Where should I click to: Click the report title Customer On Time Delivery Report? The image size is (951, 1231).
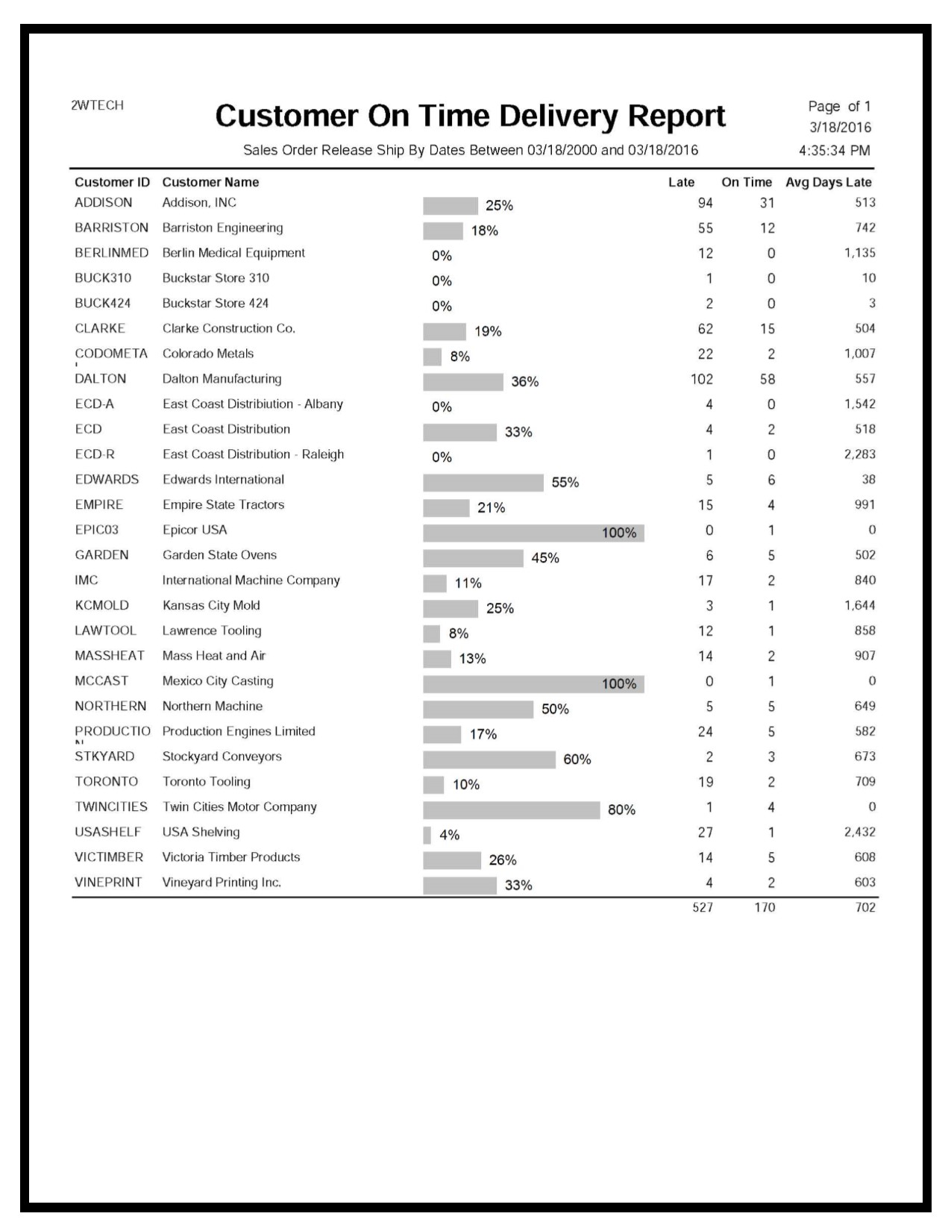(x=470, y=116)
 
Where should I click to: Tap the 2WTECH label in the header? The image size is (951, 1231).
(x=97, y=105)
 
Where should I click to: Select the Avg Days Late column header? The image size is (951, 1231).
(x=828, y=182)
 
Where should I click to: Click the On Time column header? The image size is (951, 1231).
(x=746, y=182)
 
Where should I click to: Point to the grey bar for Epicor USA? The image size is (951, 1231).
(x=533, y=533)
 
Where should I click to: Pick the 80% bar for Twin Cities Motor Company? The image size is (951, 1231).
(x=511, y=810)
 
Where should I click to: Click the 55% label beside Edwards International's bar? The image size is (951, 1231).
(x=565, y=483)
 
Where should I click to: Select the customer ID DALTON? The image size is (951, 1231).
(x=101, y=379)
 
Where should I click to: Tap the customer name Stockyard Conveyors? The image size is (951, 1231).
(x=222, y=757)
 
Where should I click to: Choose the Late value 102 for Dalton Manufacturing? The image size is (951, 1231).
(x=701, y=379)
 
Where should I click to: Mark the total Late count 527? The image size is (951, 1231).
(x=703, y=907)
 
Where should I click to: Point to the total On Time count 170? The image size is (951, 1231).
(x=765, y=907)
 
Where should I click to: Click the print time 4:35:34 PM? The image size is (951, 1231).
(x=834, y=151)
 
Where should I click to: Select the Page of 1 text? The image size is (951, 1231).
(x=839, y=107)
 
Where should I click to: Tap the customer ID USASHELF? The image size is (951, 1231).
(x=107, y=832)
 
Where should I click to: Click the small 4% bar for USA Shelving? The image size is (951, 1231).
(x=427, y=835)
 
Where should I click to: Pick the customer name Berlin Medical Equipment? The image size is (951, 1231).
(x=233, y=253)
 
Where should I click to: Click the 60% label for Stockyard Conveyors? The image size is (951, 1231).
(x=577, y=759)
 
